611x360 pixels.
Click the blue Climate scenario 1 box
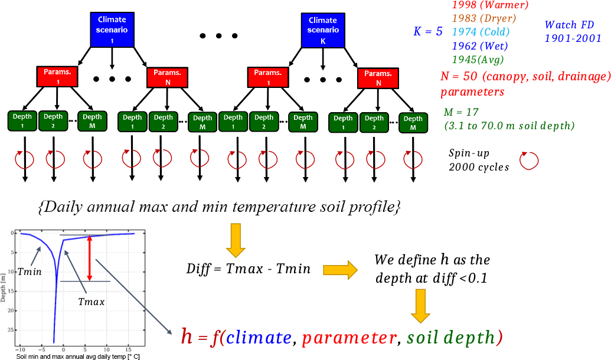(x=112, y=29)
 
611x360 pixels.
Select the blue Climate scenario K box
(x=323, y=29)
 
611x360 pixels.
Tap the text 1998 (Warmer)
(x=489, y=5)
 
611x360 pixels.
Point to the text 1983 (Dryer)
(x=483, y=18)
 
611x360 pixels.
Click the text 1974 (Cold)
(x=481, y=32)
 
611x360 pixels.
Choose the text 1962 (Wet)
(x=479, y=45)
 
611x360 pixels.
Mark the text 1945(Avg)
(x=478, y=59)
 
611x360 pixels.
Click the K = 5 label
(x=428, y=32)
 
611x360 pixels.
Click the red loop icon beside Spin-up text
(x=528, y=161)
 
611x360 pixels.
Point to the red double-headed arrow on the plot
(x=90, y=258)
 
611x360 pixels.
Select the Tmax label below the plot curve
(x=91, y=302)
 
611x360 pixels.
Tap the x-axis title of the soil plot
(x=78, y=356)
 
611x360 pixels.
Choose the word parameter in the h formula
(x=349, y=338)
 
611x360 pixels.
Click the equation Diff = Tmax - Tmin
(x=248, y=269)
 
